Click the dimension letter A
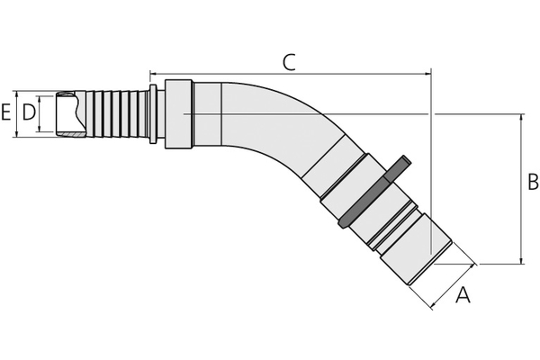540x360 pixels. (x=463, y=294)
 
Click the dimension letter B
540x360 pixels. (x=532, y=183)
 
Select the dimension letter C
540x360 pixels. (x=289, y=62)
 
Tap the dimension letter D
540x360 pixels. (x=29, y=112)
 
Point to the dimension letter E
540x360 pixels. (x=6, y=112)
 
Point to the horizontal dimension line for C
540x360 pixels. (x=289, y=74)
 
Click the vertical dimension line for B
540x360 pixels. (x=521, y=189)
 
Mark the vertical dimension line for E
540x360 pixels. (x=16, y=113)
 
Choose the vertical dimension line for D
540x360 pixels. (x=40, y=113)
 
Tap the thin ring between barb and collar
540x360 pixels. (x=153, y=113)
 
